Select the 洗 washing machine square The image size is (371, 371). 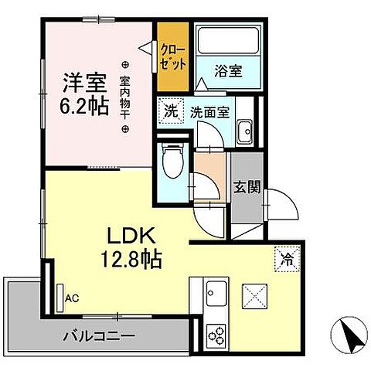coord(169,110)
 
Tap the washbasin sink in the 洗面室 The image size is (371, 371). coord(245,129)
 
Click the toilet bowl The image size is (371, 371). coord(172,162)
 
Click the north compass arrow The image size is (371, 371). coord(345,334)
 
